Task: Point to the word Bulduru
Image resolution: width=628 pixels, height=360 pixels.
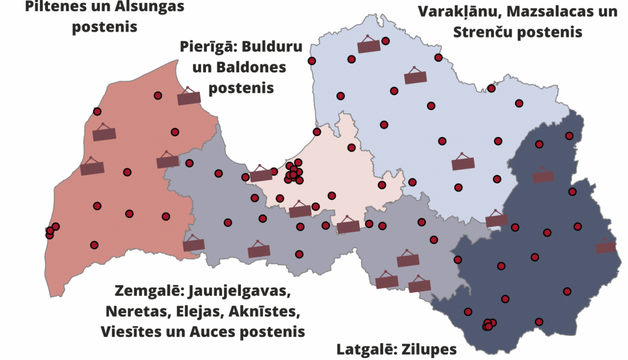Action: [x=272, y=46]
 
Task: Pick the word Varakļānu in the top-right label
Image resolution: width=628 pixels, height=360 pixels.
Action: [x=458, y=12]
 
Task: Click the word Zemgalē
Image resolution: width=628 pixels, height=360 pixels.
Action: [x=149, y=291]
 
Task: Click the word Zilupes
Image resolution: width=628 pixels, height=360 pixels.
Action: [x=429, y=350]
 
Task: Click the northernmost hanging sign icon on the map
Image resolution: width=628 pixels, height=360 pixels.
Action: [x=369, y=45]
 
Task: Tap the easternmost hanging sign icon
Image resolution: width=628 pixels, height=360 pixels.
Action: [x=606, y=247]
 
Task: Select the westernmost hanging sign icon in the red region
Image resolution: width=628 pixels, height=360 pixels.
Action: [x=92, y=167]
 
